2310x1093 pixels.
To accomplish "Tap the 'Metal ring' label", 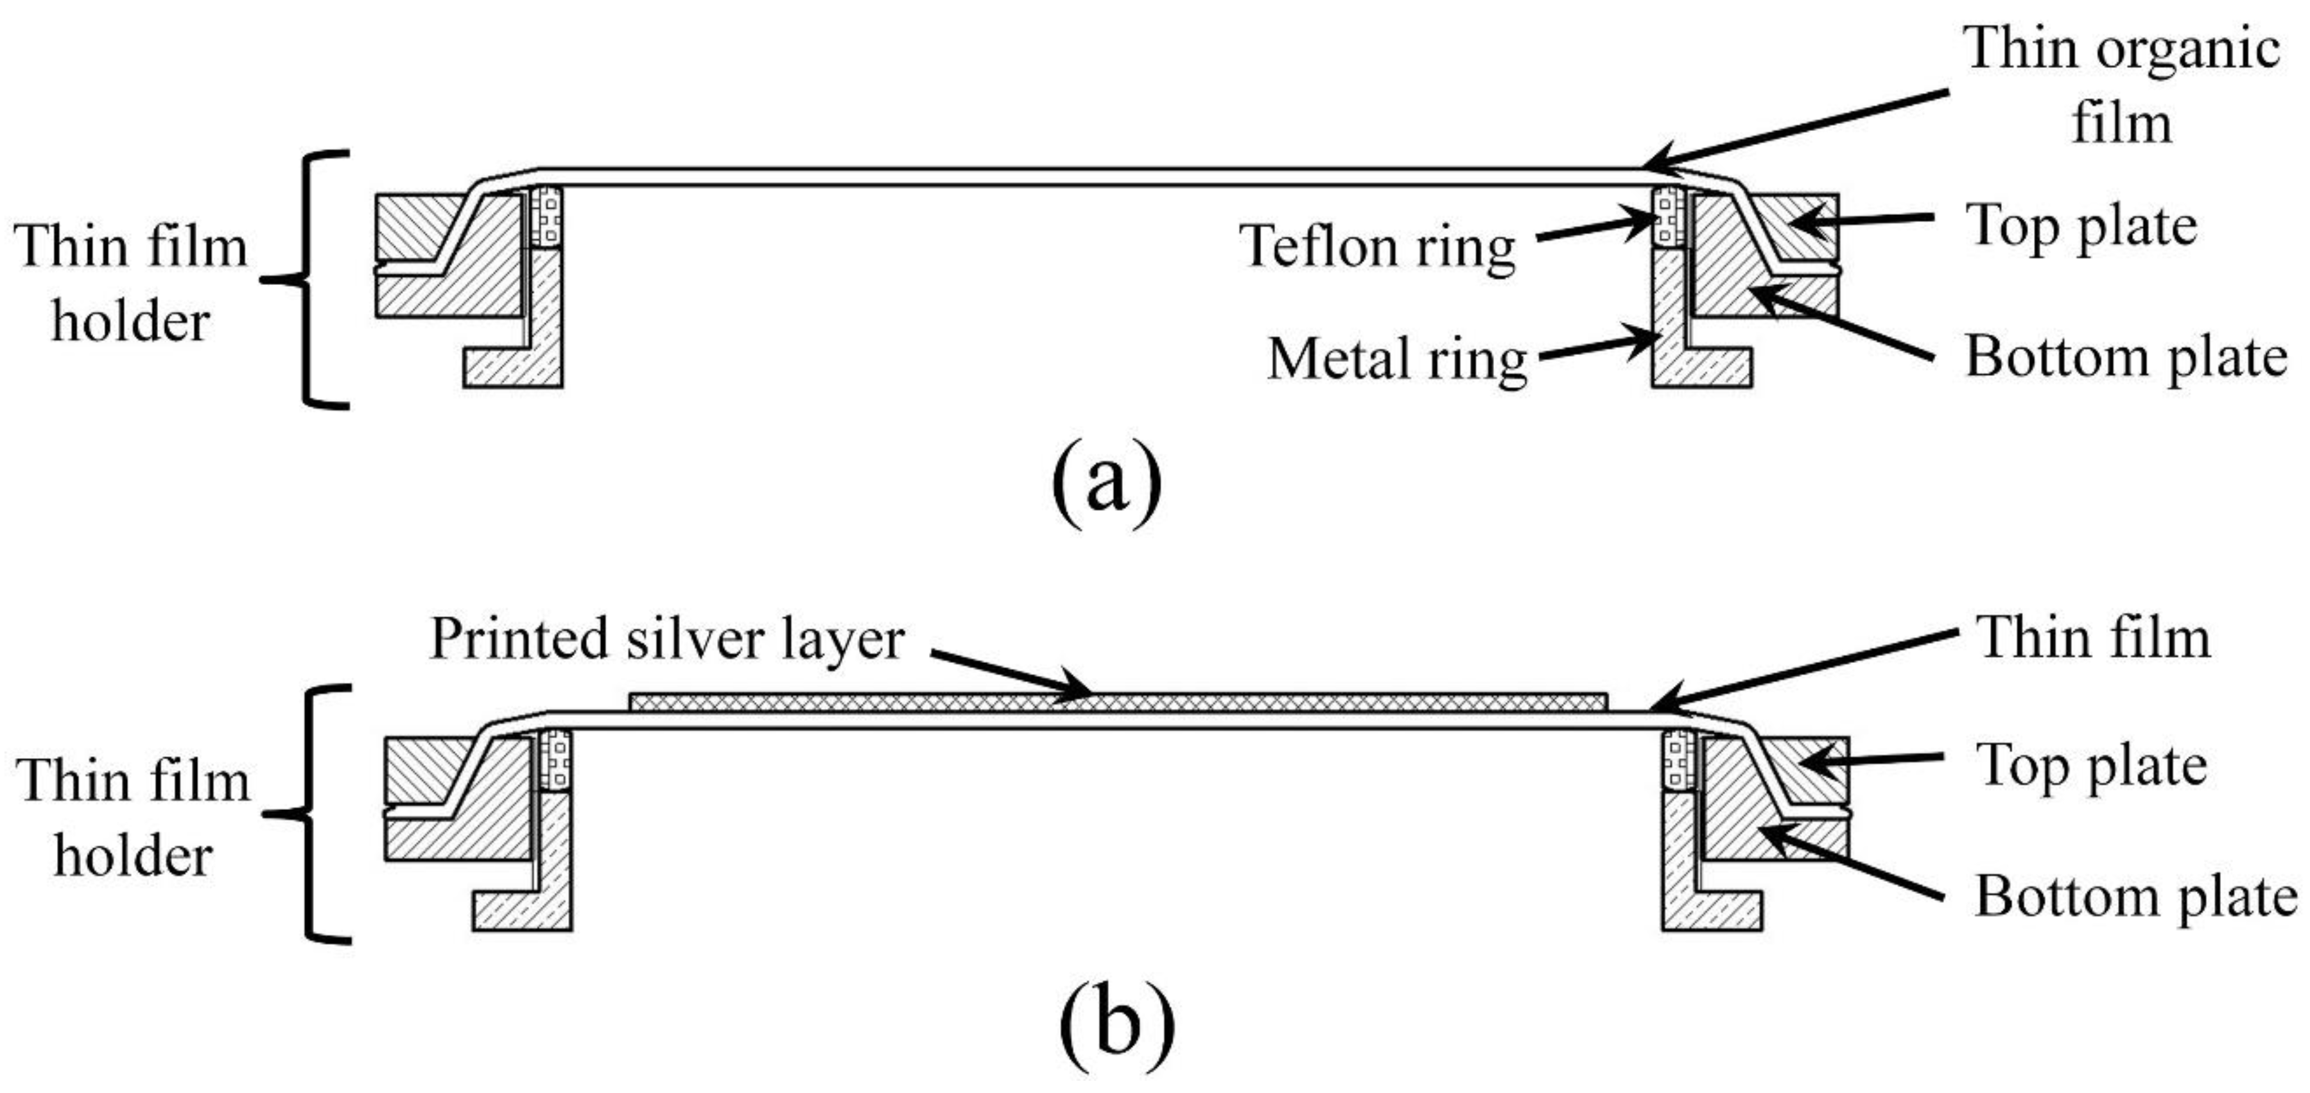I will (1397, 359).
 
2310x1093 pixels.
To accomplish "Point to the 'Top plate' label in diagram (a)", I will (2080, 226).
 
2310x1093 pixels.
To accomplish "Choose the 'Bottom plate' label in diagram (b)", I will (2136, 896).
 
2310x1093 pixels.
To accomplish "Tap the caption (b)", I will (1116, 1022).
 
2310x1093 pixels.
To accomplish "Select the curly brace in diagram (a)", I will (309, 280).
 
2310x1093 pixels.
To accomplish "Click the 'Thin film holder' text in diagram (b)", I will (133, 818).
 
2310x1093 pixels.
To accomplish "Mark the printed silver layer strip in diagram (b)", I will (1116, 701).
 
